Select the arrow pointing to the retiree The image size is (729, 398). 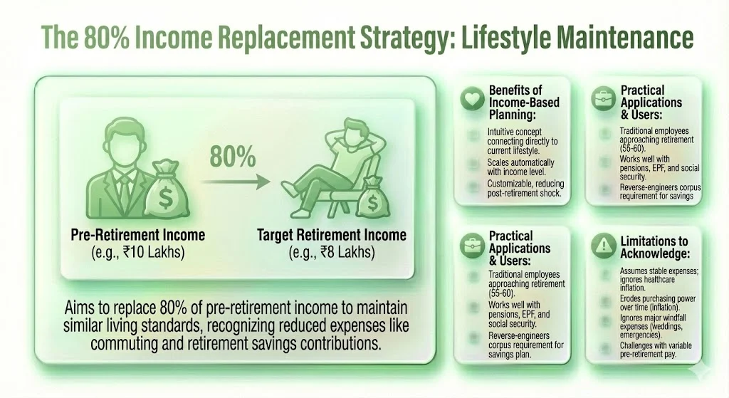point(235,182)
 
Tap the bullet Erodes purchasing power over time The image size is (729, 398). point(655,303)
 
